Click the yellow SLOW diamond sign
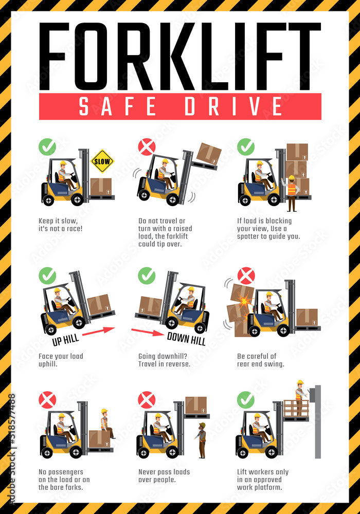tap(102, 161)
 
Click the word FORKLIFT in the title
tap(179, 57)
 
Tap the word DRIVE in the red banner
tap(233, 106)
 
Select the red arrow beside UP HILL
tap(98, 331)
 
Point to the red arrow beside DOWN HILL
tap(148, 332)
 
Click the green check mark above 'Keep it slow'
tap(47, 147)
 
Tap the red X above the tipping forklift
tap(147, 147)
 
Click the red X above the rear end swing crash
tap(246, 276)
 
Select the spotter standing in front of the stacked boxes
tap(291, 193)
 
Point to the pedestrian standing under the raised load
tap(201, 440)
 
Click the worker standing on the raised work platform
tap(300, 397)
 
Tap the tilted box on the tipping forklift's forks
tap(209, 153)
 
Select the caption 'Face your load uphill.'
tap(61, 360)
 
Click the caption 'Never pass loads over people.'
tap(164, 475)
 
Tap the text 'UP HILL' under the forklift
tap(66, 340)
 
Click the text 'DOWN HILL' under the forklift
tap(186, 339)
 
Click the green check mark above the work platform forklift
tap(246, 400)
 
